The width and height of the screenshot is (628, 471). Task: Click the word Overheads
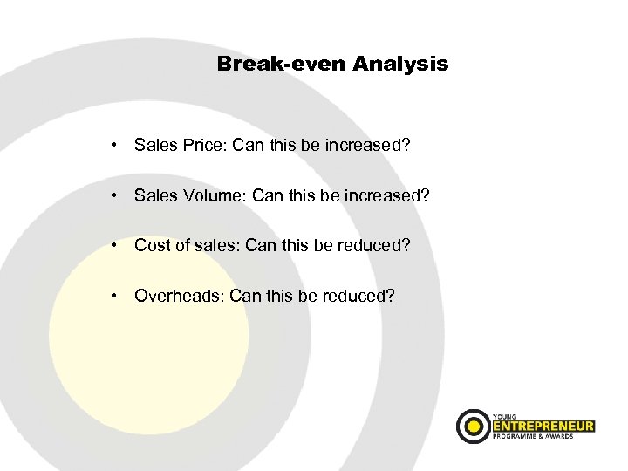click(179, 296)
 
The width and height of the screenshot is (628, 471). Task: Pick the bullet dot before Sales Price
click(114, 146)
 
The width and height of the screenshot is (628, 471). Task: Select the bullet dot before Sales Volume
click(114, 196)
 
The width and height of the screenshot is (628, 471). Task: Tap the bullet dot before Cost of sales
click(114, 246)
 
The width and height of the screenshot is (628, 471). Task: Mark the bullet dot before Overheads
click(114, 296)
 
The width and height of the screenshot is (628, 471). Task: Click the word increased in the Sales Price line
click(366, 146)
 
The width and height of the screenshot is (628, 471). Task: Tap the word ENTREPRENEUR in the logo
click(543, 426)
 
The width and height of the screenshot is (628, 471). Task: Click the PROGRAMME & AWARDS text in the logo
click(534, 437)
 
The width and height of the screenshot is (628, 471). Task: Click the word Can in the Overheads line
click(246, 296)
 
